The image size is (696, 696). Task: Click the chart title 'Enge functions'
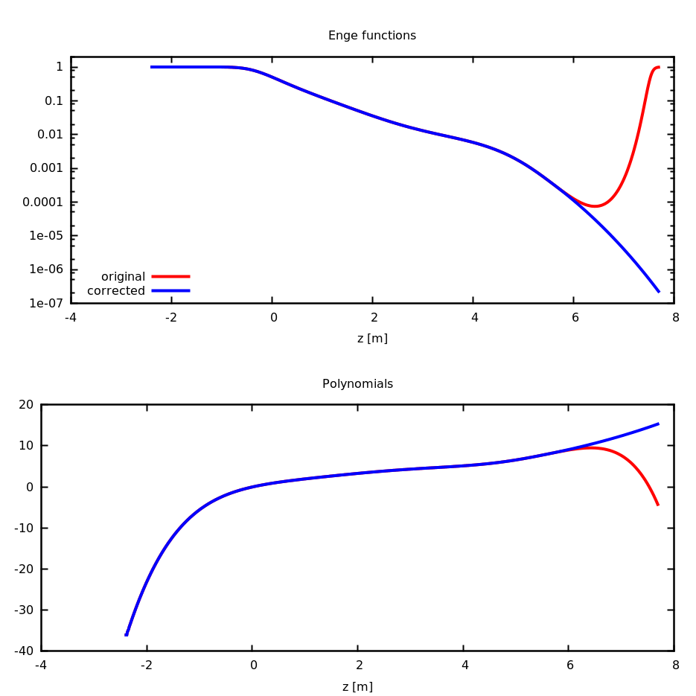pos(371,36)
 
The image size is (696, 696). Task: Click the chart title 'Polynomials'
pos(357,384)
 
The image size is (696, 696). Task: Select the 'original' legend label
pos(123,277)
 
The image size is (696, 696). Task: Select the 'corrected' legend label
pos(116,291)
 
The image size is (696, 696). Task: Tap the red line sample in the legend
pos(170,276)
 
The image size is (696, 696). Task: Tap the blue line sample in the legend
pos(170,290)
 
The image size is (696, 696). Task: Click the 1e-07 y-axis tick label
pos(46,303)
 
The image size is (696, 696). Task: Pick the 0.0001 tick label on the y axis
pos(42,202)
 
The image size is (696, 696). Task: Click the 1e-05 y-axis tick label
pos(46,236)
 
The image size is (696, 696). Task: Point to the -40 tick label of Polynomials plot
pos(25,651)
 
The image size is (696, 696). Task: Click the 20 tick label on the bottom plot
pos(26,405)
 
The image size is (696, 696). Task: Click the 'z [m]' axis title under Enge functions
pos(372,339)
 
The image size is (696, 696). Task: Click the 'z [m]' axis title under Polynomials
pos(357,687)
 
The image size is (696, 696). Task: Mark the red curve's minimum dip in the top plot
pos(595,206)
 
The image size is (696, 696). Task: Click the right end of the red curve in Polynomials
pos(658,505)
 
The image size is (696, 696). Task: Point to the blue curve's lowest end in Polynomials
pos(127,634)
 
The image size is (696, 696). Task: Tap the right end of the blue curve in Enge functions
pos(659,292)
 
